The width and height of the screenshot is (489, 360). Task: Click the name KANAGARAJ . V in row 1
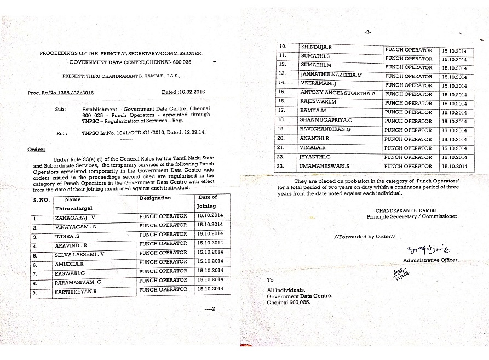74,218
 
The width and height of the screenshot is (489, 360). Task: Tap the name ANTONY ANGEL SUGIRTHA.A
338,93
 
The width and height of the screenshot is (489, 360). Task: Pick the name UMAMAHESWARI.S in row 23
325,165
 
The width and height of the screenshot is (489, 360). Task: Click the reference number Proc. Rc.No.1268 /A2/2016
61,93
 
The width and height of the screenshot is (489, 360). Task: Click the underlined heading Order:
36,149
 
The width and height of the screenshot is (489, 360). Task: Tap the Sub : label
61,109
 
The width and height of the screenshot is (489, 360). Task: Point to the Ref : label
61,133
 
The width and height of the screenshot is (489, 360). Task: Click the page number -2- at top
367,32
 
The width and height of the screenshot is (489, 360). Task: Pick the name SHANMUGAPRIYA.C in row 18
326,120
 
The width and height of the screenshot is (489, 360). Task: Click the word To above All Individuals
270,279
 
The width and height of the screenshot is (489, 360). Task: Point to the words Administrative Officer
431,260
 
